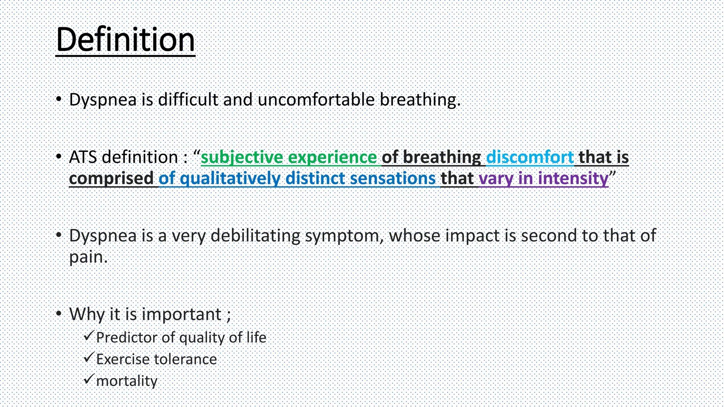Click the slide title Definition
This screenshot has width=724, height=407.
[125, 40]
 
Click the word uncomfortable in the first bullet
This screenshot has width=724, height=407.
[316, 100]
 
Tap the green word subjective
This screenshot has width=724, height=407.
[242, 157]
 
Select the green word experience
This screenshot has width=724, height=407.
[332, 157]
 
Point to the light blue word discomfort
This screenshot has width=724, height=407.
[530, 157]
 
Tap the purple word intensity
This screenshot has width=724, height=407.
[573, 178]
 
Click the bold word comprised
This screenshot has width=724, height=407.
[111, 178]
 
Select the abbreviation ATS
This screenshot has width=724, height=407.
[83, 157]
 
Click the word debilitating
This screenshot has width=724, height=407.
[255, 236]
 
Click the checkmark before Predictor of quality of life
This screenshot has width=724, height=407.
[88, 335]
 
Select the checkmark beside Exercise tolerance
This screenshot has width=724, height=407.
[88, 357]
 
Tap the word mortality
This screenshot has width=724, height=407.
[127, 381]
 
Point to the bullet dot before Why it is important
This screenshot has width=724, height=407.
[59, 313]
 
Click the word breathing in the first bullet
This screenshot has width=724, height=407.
[420, 100]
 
